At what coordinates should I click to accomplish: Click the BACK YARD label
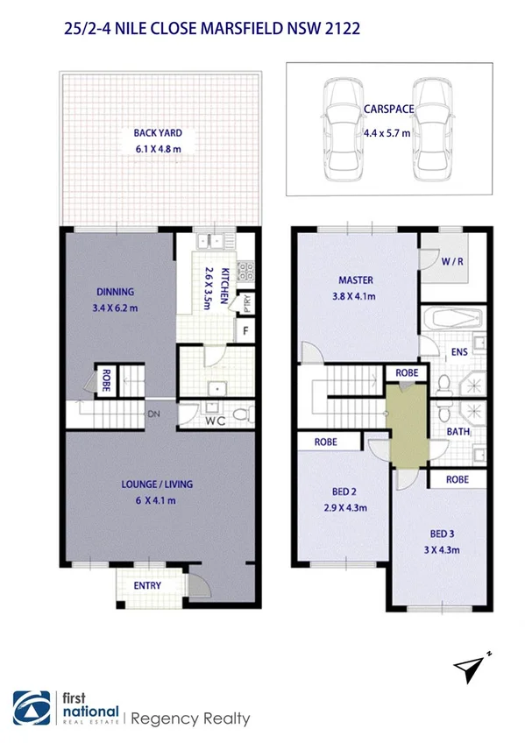[158, 133]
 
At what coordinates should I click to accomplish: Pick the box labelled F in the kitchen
[247, 330]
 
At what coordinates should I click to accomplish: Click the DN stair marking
[153, 414]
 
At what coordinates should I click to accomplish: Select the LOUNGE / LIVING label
[158, 485]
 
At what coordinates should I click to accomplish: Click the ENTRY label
[146, 585]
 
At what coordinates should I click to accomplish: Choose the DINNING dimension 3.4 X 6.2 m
[116, 308]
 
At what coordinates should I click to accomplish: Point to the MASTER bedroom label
[356, 280]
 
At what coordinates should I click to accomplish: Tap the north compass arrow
[474, 668]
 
